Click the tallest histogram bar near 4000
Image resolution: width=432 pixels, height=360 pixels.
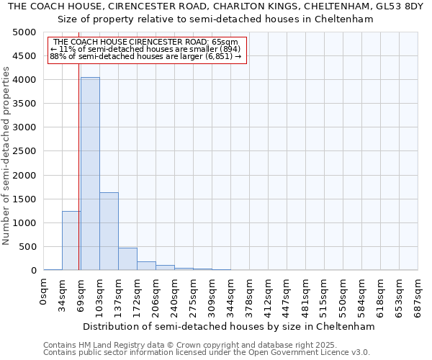(x=90, y=173)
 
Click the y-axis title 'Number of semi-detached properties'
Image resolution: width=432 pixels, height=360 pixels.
(x=7, y=156)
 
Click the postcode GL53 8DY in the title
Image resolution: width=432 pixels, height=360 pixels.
(x=402, y=6)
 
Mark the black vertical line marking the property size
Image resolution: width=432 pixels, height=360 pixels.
(x=78, y=166)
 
